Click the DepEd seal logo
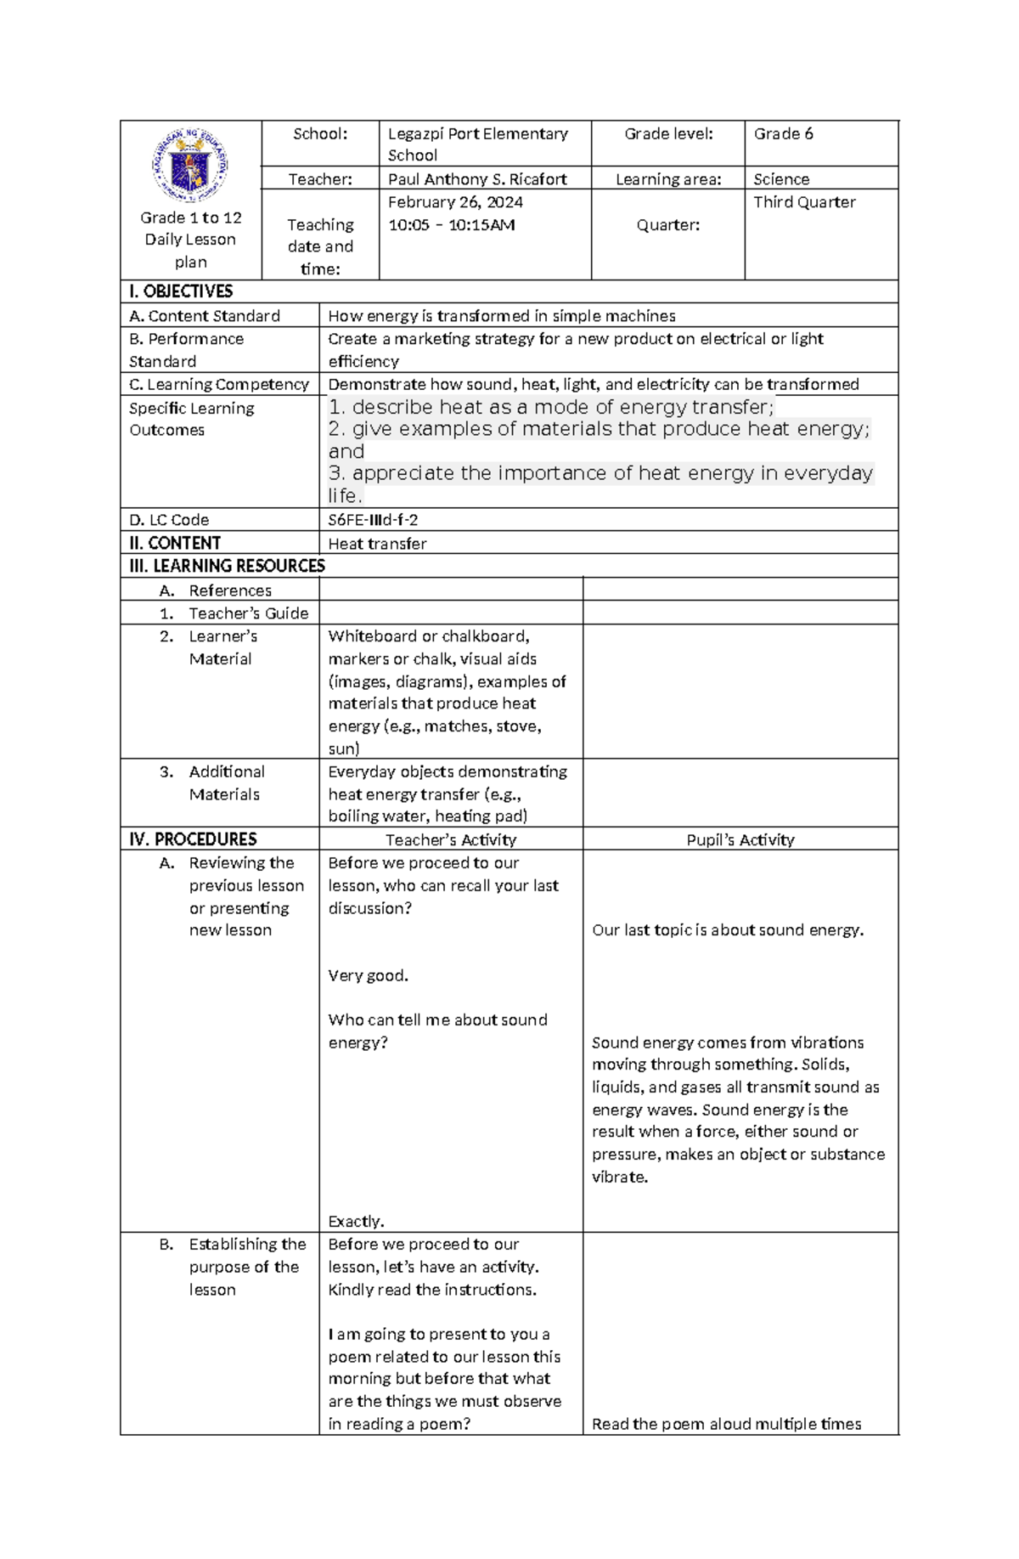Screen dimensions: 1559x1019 click(190, 166)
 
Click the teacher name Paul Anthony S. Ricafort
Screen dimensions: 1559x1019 click(477, 179)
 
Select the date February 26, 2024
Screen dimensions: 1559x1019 click(455, 202)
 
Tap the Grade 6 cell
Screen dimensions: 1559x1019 click(783, 134)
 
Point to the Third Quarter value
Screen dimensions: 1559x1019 click(804, 202)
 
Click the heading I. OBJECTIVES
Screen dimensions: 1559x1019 click(181, 291)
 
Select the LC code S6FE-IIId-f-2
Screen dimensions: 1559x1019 click(373, 520)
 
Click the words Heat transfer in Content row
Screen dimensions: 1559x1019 click(377, 544)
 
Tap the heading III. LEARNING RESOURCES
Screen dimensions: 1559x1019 click(227, 566)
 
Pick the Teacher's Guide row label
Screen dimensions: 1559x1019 click(248, 613)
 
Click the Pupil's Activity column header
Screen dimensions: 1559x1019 click(740, 840)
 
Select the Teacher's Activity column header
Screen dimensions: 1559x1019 click(450, 840)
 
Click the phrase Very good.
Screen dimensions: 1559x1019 click(368, 975)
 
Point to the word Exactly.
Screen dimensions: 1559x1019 click(356, 1222)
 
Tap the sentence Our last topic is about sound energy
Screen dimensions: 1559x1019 click(728, 930)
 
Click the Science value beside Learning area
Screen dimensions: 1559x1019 click(781, 179)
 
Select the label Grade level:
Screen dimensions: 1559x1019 click(668, 134)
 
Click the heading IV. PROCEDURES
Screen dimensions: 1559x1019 click(193, 839)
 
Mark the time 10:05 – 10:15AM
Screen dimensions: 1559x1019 click(451, 225)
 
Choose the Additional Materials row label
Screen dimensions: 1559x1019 click(226, 783)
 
